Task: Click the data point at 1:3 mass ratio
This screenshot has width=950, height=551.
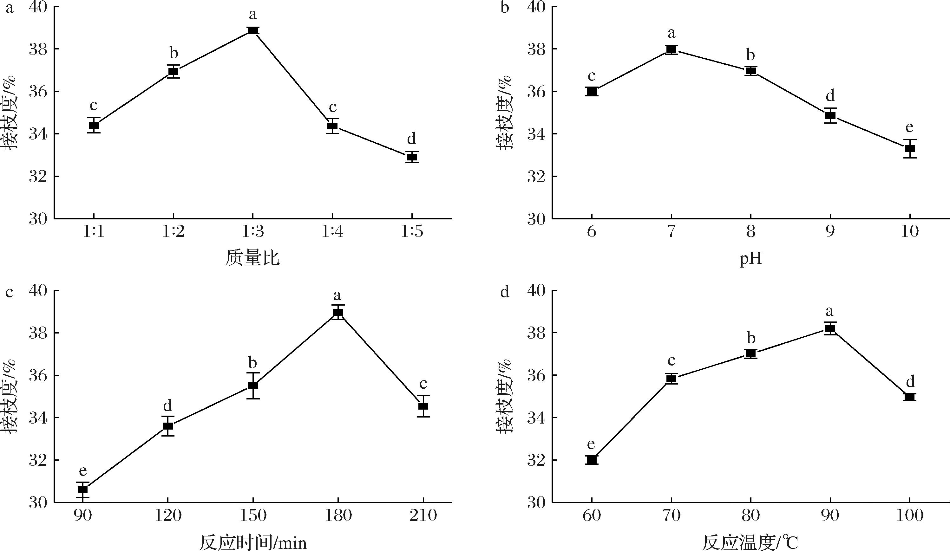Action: [252, 30]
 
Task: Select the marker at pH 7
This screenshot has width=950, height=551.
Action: [672, 49]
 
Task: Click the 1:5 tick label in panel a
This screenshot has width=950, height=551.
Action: [412, 231]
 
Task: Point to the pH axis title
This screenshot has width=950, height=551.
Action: [750, 259]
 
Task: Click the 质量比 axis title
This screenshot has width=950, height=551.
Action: [252, 259]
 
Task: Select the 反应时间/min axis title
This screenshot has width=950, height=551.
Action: [252, 543]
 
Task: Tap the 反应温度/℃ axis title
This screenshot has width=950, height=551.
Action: [750, 543]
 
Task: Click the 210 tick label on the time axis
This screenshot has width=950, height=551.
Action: [423, 515]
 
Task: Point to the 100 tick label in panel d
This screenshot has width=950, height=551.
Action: [909, 515]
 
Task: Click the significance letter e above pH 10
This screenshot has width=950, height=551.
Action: [909, 127]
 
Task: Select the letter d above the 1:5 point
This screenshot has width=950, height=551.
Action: [411, 139]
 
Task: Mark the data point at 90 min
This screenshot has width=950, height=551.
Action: [82, 489]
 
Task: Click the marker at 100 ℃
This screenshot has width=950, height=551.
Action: [909, 397]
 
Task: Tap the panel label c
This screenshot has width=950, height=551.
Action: [9, 292]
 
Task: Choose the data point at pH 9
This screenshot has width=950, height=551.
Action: [830, 115]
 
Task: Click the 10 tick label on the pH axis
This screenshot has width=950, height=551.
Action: [909, 231]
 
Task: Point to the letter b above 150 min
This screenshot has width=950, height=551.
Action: [252, 363]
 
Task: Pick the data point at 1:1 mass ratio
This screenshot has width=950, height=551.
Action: [94, 125]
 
